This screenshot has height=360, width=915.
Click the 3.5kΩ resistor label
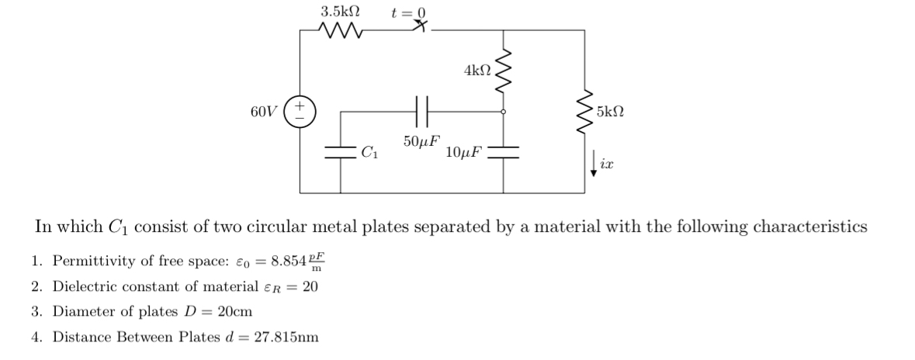pyautogui.click(x=340, y=12)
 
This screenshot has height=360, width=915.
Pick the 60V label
pyautogui.click(x=263, y=112)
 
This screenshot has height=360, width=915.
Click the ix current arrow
pyautogui.click(x=594, y=164)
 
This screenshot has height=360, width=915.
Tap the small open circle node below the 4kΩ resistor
pyautogui.click(x=504, y=112)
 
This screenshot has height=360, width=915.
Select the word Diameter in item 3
pyautogui.click(x=83, y=312)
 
